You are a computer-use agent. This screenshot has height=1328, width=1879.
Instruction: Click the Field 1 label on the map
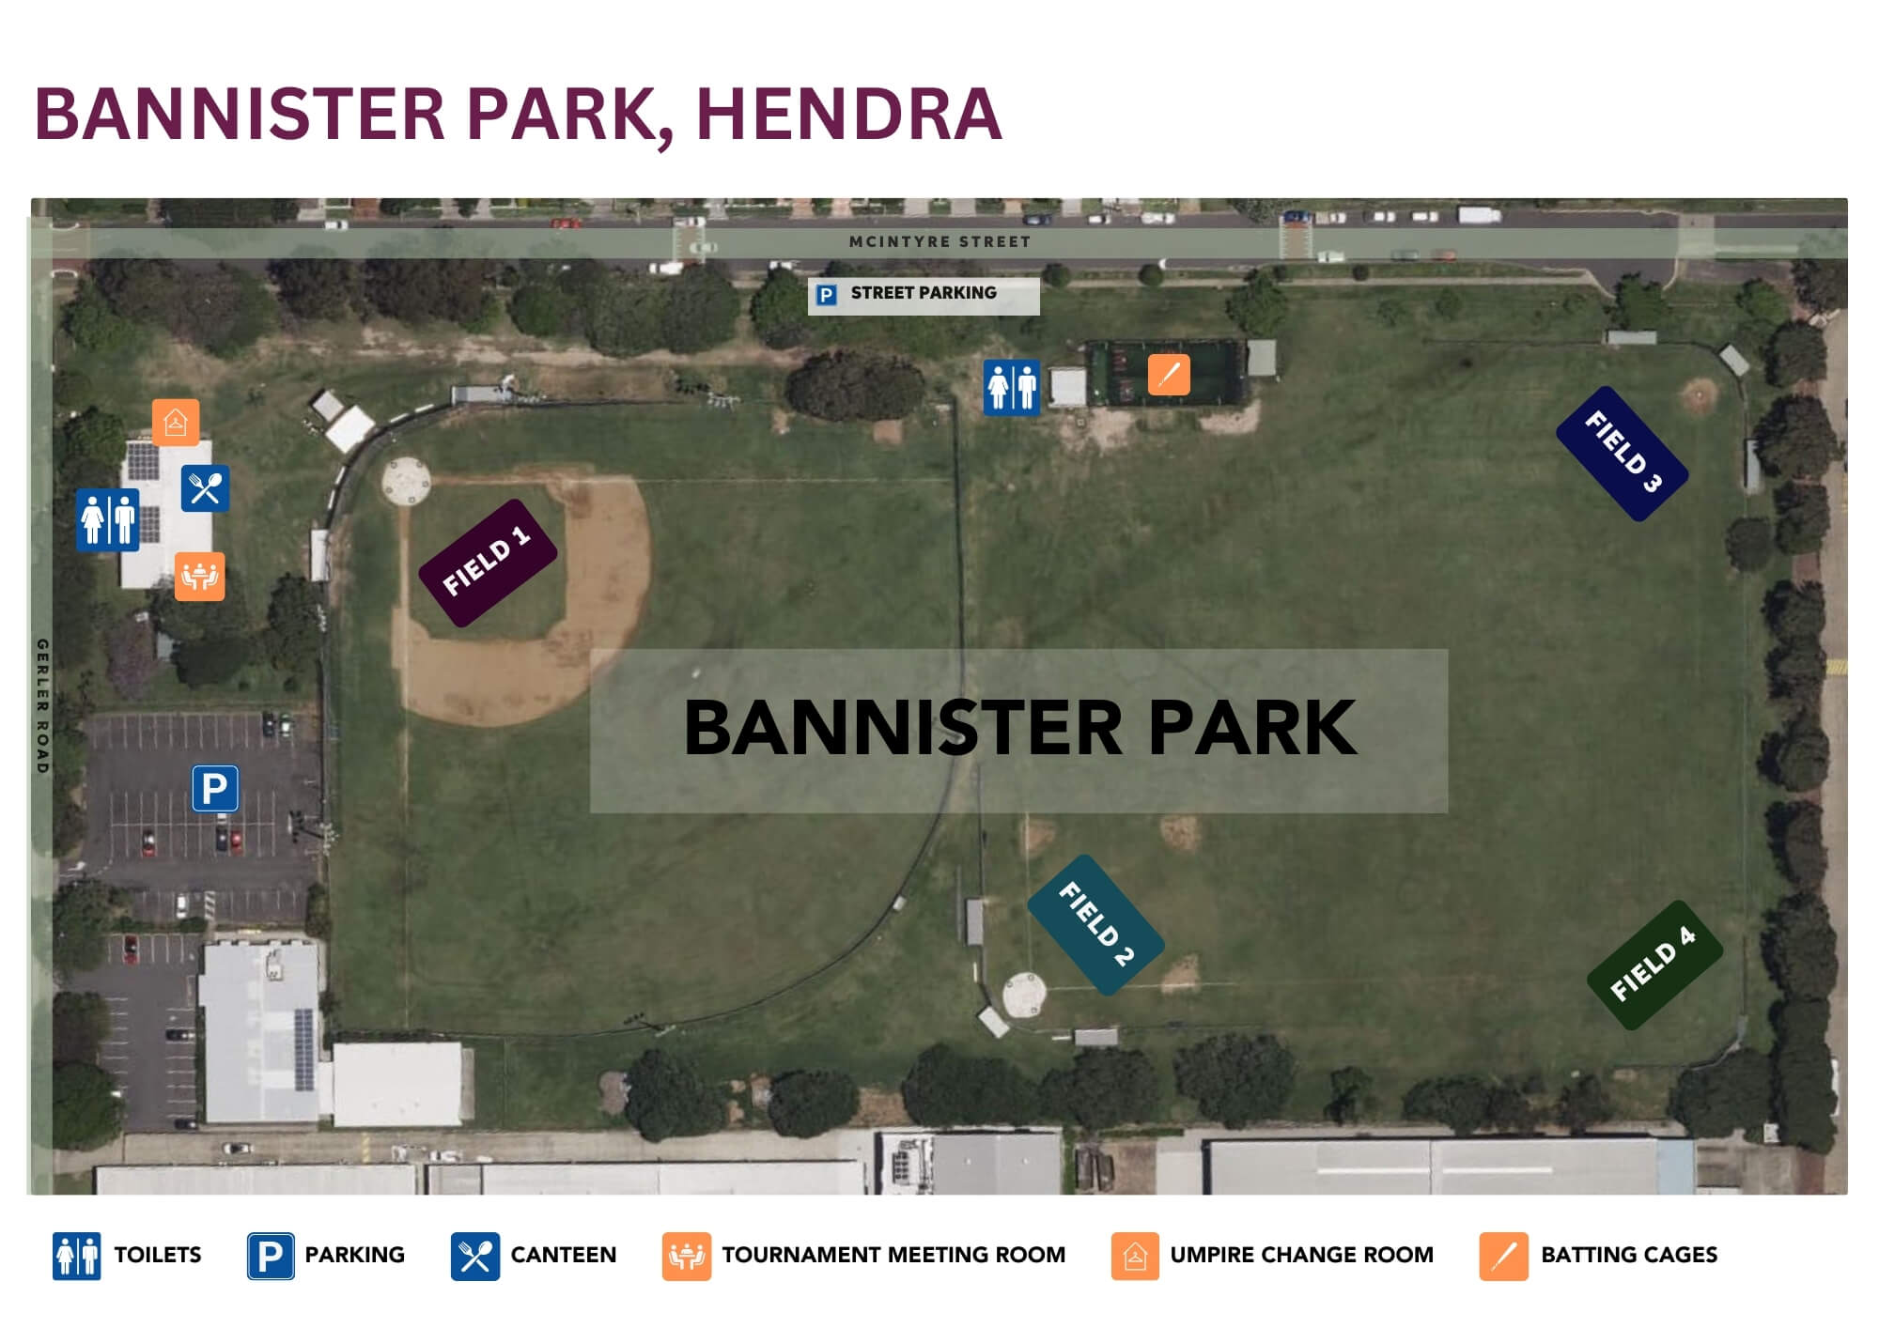488,562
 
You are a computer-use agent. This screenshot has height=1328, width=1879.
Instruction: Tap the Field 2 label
1095,924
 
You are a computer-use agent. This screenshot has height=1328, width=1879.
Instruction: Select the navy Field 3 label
1623,453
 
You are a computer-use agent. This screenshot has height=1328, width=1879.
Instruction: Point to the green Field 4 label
1654,965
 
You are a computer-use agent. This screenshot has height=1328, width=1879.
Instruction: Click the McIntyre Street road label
939,241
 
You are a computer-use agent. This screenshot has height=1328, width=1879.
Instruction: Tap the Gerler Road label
42,706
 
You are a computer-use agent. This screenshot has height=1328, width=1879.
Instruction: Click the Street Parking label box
924,295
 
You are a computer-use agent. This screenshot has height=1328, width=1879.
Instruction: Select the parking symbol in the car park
215,788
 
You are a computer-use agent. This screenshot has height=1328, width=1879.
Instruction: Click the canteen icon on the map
205,488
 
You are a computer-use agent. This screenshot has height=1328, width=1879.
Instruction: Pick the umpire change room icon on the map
176,422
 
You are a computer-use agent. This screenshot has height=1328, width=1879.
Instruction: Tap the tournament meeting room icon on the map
199,576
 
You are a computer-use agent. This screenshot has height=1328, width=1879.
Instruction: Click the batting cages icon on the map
1169,375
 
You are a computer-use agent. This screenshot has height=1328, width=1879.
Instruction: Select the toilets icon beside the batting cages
1012,387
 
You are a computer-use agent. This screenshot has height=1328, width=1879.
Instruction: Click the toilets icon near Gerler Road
108,519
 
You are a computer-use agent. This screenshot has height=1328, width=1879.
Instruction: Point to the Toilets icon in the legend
76,1256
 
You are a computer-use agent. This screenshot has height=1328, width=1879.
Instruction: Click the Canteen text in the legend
564,1255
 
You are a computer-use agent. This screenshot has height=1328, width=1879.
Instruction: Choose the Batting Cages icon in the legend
1503,1256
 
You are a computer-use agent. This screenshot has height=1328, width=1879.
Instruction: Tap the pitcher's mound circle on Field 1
406,481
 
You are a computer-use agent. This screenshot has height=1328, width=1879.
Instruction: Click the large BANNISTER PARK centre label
1019,728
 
